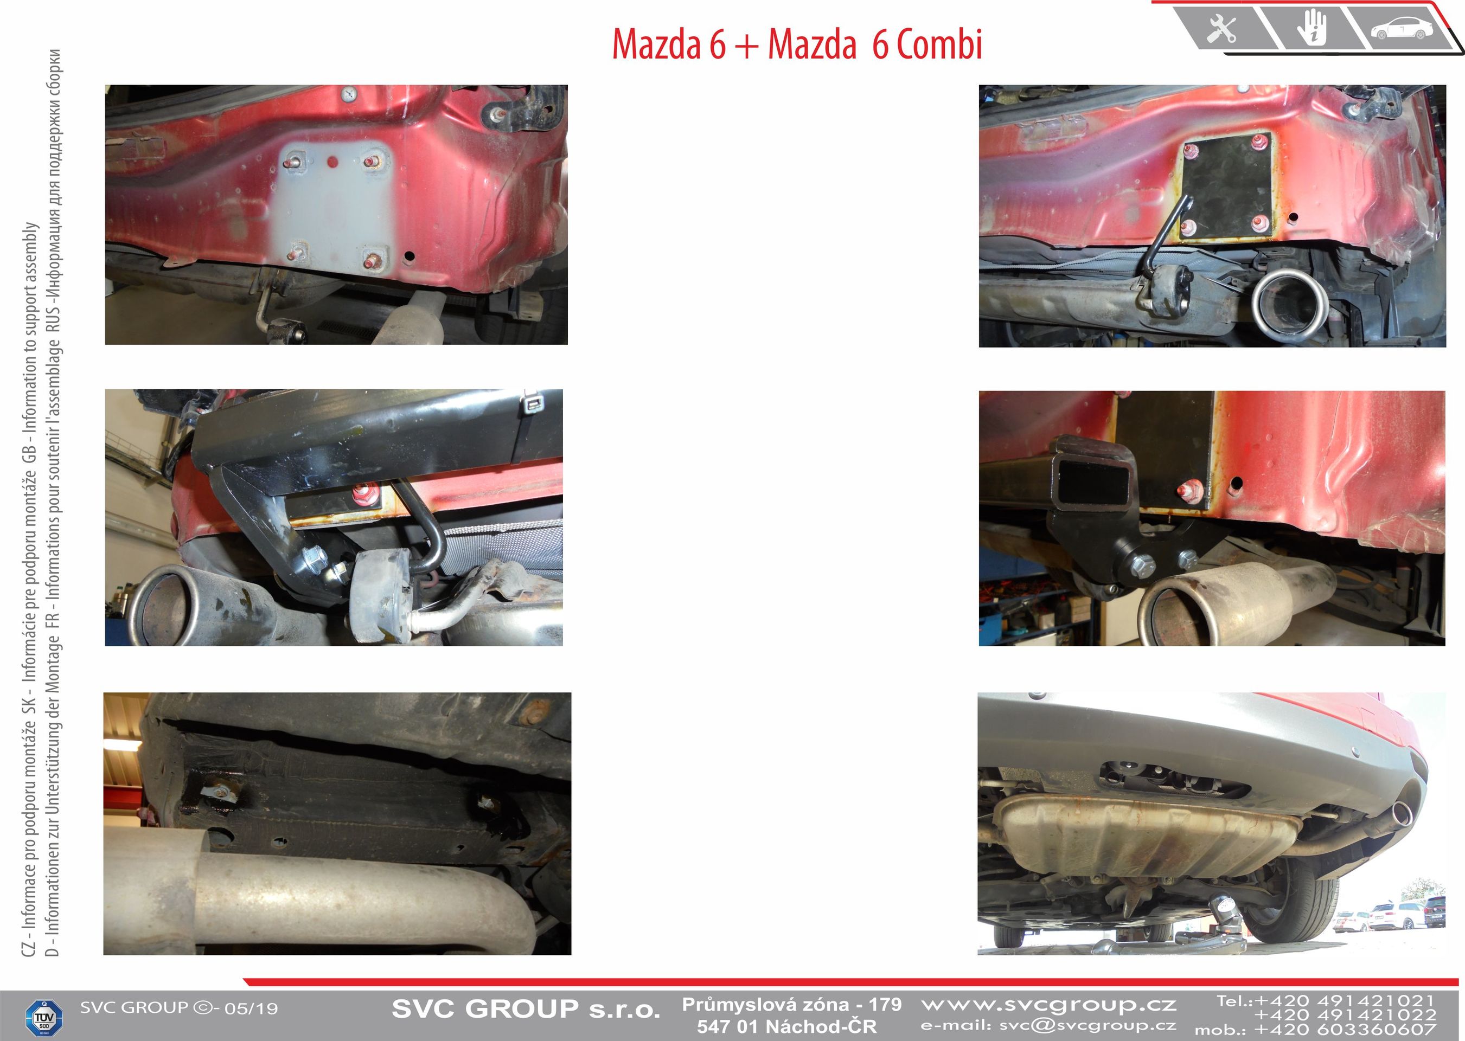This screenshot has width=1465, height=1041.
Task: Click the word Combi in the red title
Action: [939, 45]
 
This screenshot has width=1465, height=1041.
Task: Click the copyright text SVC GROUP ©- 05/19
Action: [179, 1008]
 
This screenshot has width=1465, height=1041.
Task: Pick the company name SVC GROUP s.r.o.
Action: [526, 1009]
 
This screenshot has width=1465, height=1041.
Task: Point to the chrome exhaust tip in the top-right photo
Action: [1285, 303]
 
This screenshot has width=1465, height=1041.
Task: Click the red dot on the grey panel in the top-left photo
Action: [332, 161]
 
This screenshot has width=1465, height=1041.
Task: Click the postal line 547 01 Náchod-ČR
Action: [786, 1026]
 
